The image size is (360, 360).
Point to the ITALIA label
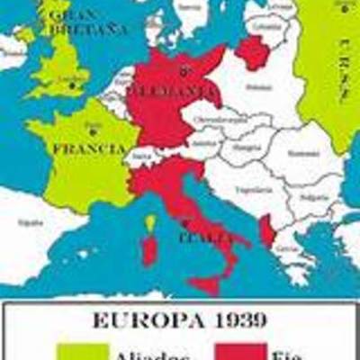tap(202, 238)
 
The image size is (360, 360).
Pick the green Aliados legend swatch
tap(83, 350)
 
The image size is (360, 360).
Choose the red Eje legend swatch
tap(238, 350)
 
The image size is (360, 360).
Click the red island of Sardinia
tap(148, 249)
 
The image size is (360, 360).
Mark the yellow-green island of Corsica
tap(150, 220)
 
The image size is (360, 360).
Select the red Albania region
tap(267, 230)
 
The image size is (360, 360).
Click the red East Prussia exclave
tap(253, 52)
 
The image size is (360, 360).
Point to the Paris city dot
tap(88, 129)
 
